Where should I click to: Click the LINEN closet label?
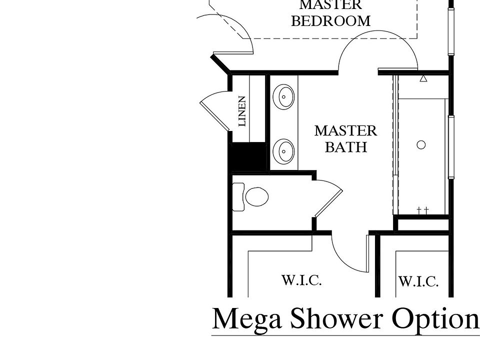[242, 111]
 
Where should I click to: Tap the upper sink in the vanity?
[284, 95]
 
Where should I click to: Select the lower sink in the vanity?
[284, 150]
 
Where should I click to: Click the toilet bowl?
[257, 196]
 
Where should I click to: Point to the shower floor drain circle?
[421, 145]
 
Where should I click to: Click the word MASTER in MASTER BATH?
[345, 131]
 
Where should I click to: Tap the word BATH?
[345, 147]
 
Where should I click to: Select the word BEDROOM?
[330, 21]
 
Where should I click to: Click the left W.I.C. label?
[301, 280]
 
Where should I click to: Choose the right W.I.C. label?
[418, 282]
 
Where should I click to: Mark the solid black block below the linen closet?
[247, 156]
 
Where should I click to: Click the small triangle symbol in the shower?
[423, 78]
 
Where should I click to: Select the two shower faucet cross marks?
[422, 210]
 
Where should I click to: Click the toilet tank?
[238, 196]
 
